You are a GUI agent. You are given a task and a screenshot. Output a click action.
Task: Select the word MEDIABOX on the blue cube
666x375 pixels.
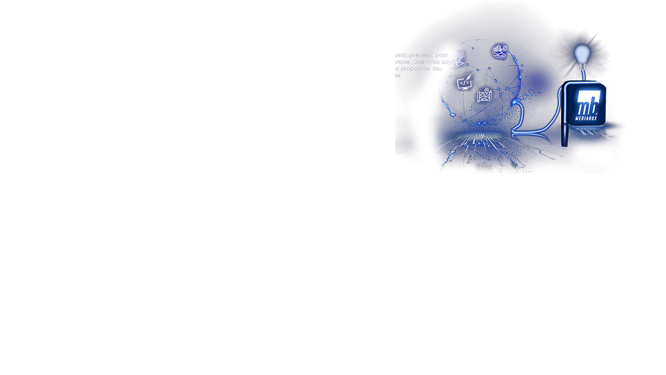coord(586,118)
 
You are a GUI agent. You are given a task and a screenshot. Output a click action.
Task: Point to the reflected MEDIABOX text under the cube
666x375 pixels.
coord(586,134)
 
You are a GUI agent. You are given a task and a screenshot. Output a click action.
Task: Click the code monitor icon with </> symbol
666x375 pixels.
coord(464,83)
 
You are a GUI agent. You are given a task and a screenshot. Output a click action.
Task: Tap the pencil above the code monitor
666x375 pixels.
coord(469,77)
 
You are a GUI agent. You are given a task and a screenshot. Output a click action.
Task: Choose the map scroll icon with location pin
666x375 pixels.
coord(484,95)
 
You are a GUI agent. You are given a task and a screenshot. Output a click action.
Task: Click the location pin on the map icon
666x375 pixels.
coord(487,91)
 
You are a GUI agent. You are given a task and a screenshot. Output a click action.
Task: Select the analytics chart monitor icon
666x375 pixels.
coord(499,52)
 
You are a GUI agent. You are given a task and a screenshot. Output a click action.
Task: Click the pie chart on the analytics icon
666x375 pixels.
coord(505,48)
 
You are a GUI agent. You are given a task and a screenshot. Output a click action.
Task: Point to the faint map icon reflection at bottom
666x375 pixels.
coord(484,169)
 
